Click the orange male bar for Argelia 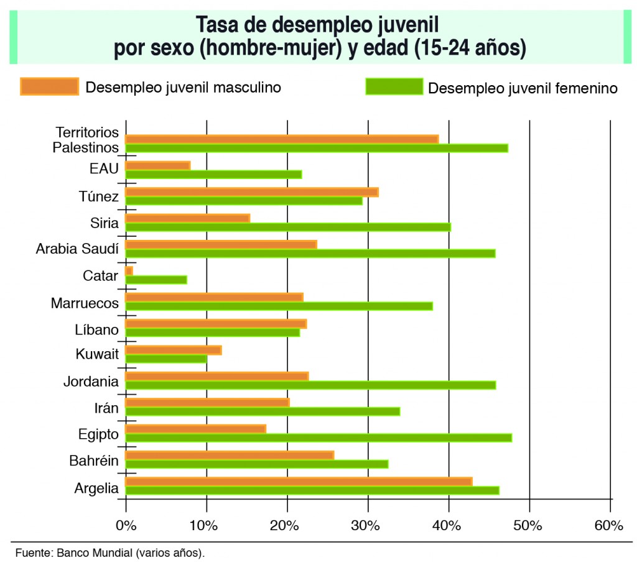pyautogui.click(x=299, y=481)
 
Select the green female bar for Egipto pyautogui.click(x=318, y=438)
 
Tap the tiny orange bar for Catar pyautogui.click(x=129, y=271)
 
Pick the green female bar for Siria pyautogui.click(x=287, y=227)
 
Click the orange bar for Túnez pyautogui.click(x=251, y=192)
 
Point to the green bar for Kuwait pyautogui.click(x=165, y=359)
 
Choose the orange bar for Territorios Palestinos pyautogui.click(x=281, y=139)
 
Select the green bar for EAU pyautogui.click(x=213, y=174)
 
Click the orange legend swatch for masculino pyautogui.click(x=49, y=86)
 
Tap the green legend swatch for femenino pyautogui.click(x=394, y=86)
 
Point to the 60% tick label pyautogui.click(x=608, y=525)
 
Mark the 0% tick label pyautogui.click(x=126, y=525)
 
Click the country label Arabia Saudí pyautogui.click(x=77, y=249)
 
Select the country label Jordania pyautogui.click(x=91, y=381)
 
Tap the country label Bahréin pyautogui.click(x=93, y=461)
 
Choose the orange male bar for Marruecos pyautogui.click(x=214, y=297)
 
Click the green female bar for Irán pyautogui.click(x=262, y=411)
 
